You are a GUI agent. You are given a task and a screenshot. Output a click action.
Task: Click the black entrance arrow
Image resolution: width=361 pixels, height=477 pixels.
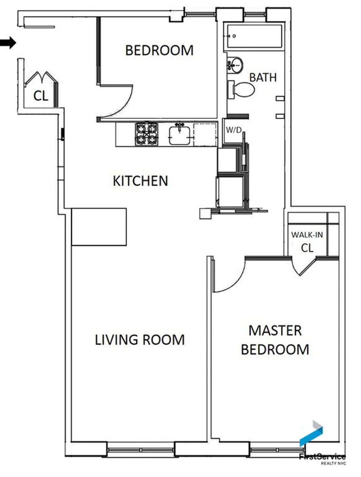[8, 43]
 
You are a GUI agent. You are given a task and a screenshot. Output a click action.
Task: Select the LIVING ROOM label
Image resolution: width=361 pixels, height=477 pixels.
[140, 340]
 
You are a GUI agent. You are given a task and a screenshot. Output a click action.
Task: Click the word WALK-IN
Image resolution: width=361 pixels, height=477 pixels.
[307, 235]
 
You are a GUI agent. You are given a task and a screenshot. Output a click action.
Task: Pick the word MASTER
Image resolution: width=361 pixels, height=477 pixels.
[275, 331]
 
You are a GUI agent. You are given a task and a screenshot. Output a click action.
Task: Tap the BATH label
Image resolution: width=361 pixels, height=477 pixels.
[263, 77]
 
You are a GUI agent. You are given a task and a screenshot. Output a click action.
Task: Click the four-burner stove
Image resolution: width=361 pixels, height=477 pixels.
[147, 134]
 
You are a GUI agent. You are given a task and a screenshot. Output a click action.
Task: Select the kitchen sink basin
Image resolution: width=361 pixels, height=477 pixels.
[180, 136]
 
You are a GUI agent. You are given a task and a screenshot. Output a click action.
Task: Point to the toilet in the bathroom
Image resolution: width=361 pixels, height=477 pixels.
[241, 89]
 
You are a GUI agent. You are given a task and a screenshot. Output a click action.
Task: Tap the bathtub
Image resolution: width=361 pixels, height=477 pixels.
[254, 36]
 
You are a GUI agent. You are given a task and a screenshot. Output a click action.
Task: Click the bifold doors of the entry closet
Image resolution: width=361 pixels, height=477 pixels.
[41, 79]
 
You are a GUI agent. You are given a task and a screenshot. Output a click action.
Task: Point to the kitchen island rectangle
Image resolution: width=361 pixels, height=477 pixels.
[99, 227]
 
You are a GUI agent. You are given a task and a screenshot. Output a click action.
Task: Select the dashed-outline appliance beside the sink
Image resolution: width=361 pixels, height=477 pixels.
[205, 135]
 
